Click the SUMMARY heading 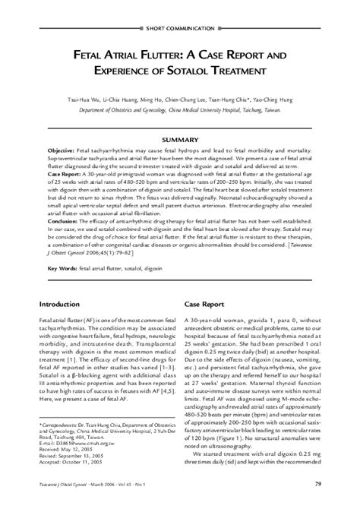pyautogui.click(x=180, y=141)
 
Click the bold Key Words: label pyautogui.click(x=62, y=269)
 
